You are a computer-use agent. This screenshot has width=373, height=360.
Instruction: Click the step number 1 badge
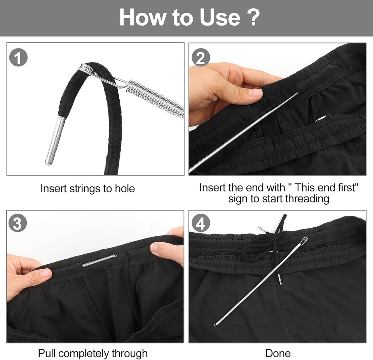coord(18,58)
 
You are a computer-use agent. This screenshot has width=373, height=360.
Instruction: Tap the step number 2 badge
coord(200,58)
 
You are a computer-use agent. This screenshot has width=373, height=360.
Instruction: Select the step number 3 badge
coord(18,224)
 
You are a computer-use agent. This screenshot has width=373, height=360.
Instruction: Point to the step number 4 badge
coord(200,224)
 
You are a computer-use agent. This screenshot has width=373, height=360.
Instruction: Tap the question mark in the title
coord(253,17)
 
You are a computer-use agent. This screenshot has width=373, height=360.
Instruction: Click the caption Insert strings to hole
coord(87,189)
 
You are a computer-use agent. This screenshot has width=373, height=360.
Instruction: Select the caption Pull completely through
coord(93,353)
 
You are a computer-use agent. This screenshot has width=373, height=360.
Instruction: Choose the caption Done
coord(278,353)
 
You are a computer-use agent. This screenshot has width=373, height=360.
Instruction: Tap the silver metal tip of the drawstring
coord(55,140)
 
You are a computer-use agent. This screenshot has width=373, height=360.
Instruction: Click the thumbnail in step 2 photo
coord(255,92)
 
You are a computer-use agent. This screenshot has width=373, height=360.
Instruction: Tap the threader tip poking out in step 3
coord(99,260)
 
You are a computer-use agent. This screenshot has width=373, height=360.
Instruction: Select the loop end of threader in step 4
coord(304,240)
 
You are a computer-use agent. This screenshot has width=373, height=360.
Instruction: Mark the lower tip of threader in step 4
coord(216,324)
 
